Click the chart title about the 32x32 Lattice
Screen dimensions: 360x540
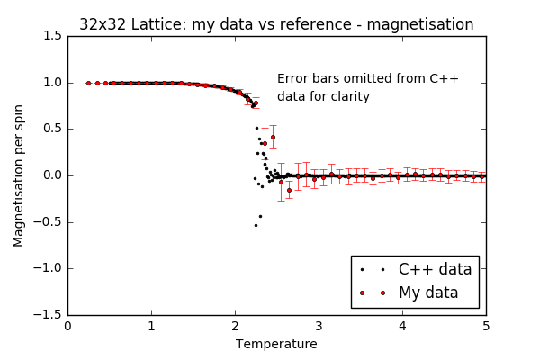(x=276, y=24)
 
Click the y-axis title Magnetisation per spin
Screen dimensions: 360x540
(x=19, y=175)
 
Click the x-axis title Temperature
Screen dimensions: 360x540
(x=276, y=344)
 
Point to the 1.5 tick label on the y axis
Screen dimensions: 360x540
(x=51, y=37)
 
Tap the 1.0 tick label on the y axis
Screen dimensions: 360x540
(x=51, y=83)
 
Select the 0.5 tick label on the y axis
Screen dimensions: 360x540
(x=51, y=129)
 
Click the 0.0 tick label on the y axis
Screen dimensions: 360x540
(x=51, y=175)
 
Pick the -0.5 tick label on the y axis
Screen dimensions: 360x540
(x=49, y=221)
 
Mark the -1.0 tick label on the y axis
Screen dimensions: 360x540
(x=49, y=268)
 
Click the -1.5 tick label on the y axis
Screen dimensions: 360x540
(x=49, y=314)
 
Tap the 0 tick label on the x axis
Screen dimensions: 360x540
(x=67, y=326)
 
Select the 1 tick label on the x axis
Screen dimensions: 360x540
(x=151, y=326)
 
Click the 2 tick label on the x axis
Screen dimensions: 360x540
(x=235, y=326)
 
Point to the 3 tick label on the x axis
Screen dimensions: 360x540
(x=319, y=326)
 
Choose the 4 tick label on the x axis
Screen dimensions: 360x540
(x=402, y=326)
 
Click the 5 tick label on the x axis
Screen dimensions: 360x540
(x=486, y=326)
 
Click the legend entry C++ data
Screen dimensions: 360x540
(x=435, y=269)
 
